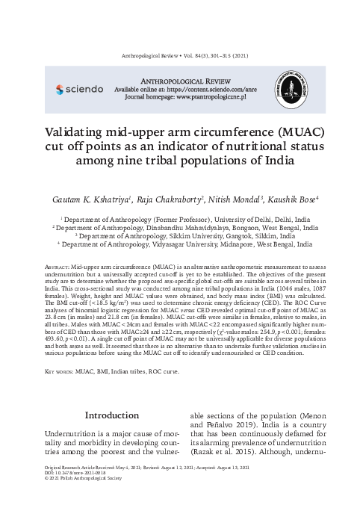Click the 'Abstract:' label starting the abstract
click(x=58, y=266)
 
